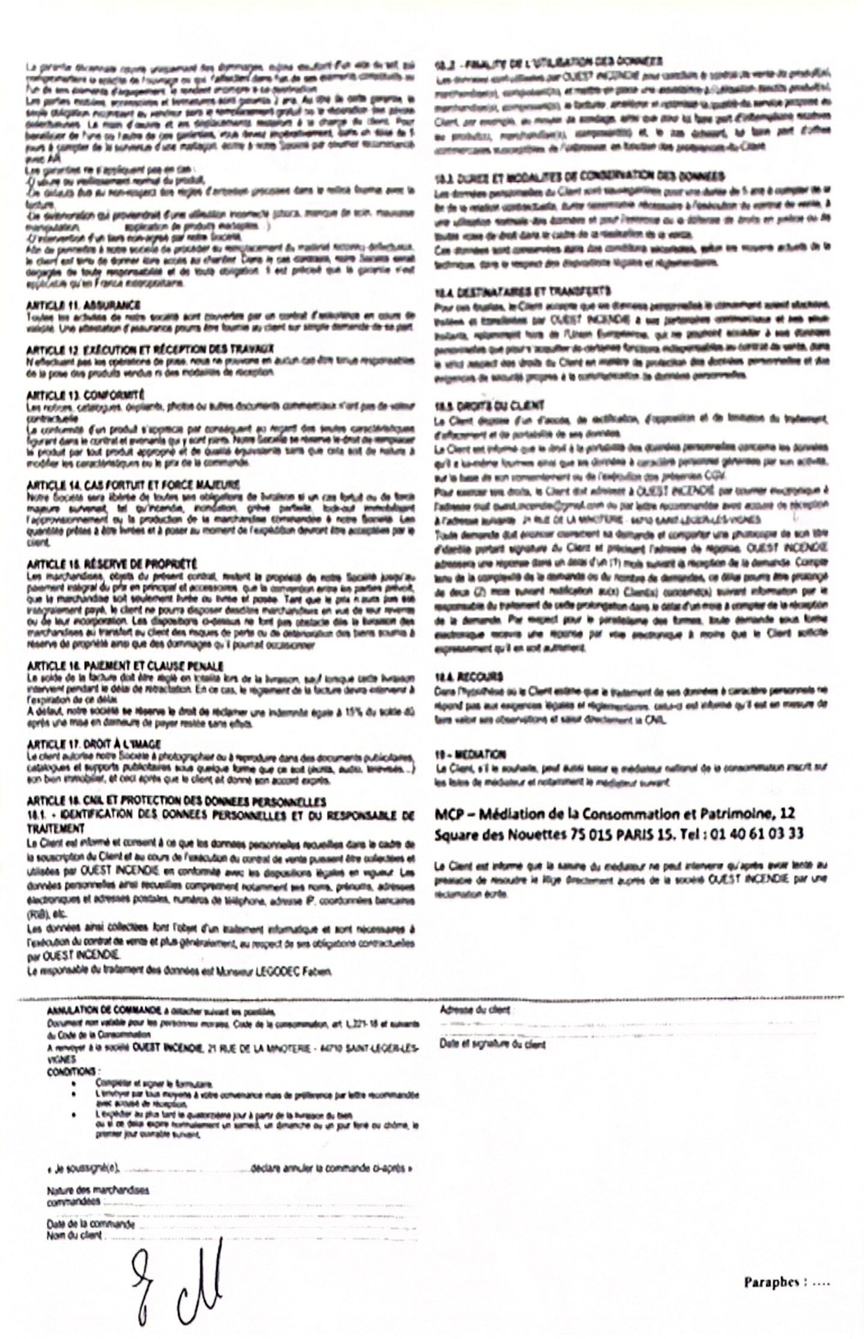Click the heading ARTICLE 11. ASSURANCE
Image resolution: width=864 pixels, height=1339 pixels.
coord(84,305)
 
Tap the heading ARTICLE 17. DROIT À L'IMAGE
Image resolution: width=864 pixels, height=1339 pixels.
coord(94,744)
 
